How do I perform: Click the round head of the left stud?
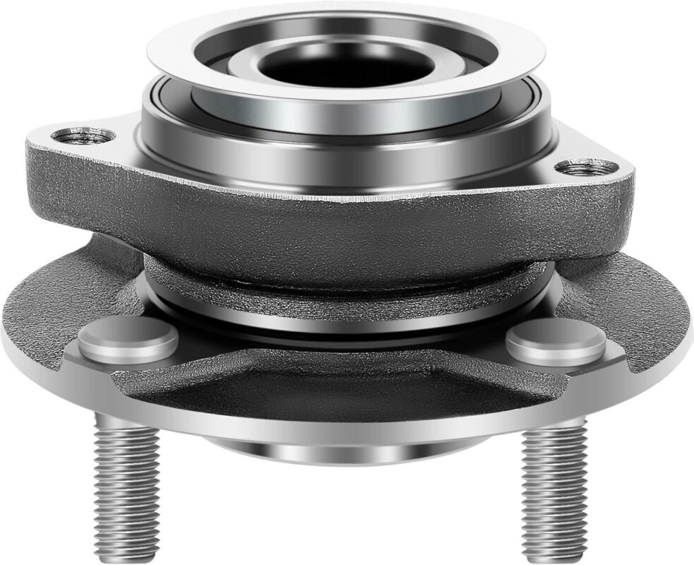128,340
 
